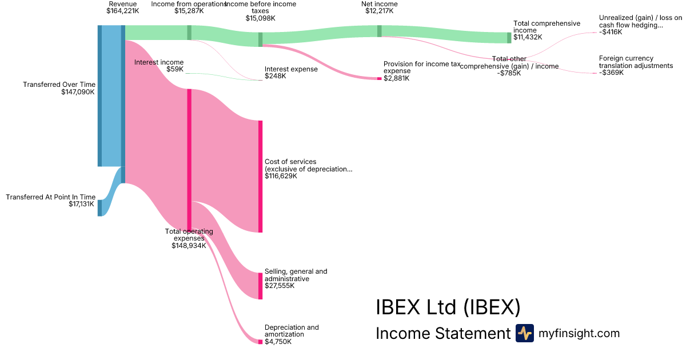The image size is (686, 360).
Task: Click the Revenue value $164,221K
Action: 122,11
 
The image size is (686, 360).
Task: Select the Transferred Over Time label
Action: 58,85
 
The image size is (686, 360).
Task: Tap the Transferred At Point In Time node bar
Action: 99,208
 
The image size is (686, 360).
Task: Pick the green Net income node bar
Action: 379,31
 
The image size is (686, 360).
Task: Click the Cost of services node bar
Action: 260,177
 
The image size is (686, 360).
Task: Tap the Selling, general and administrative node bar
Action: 260,286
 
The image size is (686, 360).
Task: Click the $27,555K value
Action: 280,286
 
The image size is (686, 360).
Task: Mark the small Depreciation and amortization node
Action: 260,342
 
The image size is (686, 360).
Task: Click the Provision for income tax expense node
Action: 379,78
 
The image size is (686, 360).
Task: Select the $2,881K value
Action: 396,78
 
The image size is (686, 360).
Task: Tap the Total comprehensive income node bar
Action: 509,38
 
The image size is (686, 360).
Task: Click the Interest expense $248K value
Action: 275,76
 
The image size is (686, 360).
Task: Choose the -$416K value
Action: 611,32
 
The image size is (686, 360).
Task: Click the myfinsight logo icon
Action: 524,333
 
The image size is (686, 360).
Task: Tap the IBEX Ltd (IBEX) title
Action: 448,307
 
